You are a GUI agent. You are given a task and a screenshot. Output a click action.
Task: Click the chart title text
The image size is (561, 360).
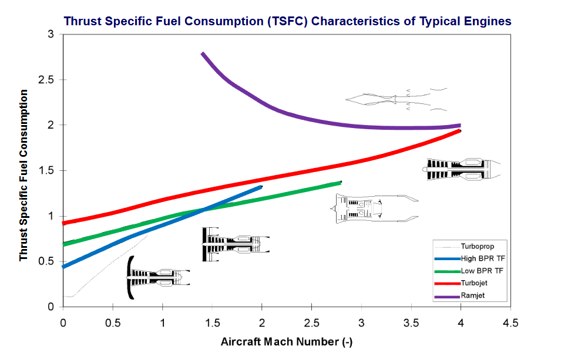click(x=287, y=21)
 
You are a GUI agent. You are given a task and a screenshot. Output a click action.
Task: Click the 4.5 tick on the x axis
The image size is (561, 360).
click(x=510, y=323)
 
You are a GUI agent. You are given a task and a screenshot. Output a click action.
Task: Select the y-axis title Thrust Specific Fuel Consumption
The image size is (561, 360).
click(x=23, y=175)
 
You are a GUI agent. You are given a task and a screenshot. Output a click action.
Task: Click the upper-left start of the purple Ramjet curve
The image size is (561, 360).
click(x=203, y=53)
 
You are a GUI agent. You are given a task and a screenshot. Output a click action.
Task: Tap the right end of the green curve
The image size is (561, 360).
click(x=340, y=183)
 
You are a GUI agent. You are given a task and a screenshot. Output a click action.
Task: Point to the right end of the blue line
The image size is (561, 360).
click(x=261, y=187)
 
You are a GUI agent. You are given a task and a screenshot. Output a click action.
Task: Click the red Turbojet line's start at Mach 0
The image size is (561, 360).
click(x=63, y=223)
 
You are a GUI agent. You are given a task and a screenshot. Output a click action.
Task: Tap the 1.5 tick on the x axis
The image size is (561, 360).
click(x=211, y=323)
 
